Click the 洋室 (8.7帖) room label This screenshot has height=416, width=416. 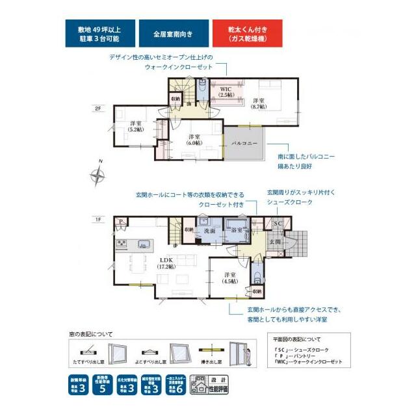(x=258, y=104)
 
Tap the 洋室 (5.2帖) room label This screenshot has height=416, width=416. (x=135, y=126)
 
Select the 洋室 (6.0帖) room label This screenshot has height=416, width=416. (x=194, y=140)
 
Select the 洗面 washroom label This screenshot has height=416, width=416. (x=209, y=230)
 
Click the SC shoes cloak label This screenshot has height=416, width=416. (x=276, y=223)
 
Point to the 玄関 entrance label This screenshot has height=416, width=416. (x=274, y=242)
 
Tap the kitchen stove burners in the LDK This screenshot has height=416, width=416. (x=122, y=244)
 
